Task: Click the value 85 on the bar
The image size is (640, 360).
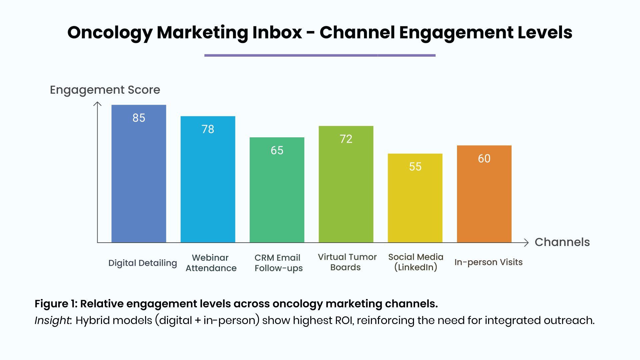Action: point(139,118)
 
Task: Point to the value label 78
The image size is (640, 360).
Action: point(208,129)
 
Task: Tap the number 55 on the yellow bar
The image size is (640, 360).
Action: point(415,167)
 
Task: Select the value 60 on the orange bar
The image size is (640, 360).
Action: point(484,159)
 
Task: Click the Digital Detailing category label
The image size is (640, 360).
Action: point(143,263)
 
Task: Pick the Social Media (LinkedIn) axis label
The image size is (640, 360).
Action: point(416,262)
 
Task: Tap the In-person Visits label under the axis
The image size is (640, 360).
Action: point(488,262)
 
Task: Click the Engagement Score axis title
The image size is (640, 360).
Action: point(105,90)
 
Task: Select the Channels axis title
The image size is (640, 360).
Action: point(562,242)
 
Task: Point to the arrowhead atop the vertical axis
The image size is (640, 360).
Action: point(97,104)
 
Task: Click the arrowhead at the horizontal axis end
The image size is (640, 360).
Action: point(527,243)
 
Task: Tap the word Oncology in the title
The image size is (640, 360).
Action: point(110,33)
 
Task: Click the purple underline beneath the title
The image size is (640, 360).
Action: point(320,55)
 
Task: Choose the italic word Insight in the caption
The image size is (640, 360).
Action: point(53,320)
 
